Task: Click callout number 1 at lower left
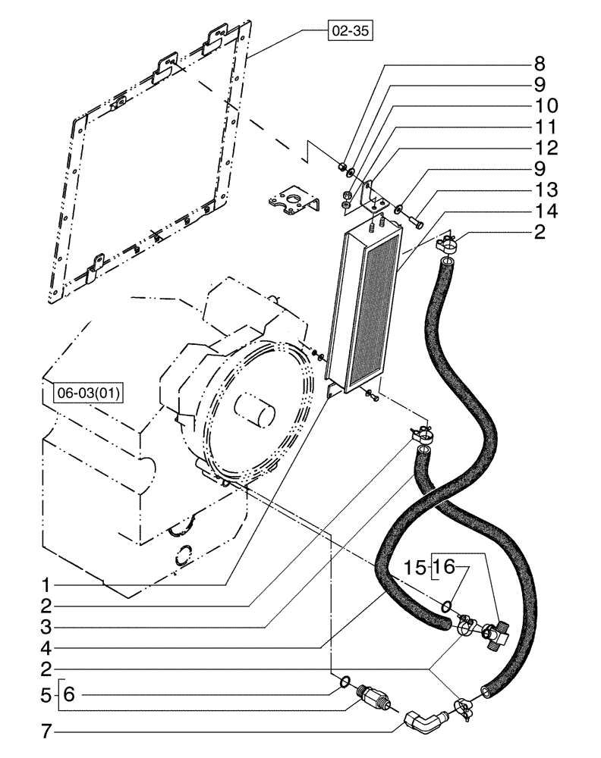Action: pos(46,584)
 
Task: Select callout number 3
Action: pos(46,627)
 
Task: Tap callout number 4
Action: pos(46,648)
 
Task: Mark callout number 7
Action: pos(46,733)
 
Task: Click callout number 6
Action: pos(68,693)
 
